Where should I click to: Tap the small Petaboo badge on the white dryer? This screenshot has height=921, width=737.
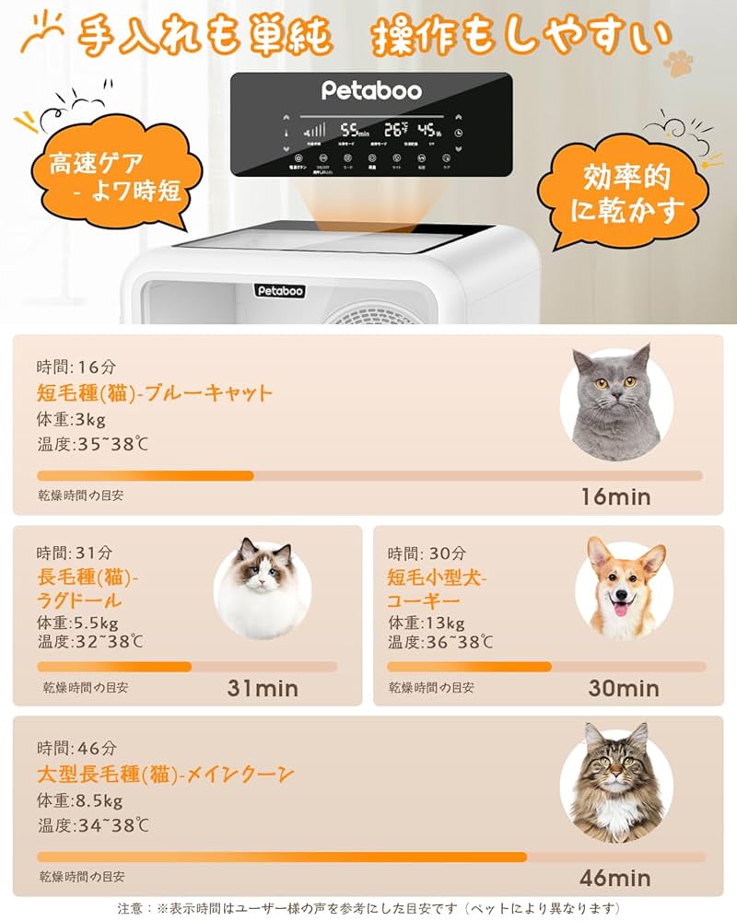tap(280, 291)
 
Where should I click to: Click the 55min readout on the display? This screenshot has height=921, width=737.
tap(354, 131)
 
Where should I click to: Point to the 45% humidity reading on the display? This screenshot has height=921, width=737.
tap(429, 131)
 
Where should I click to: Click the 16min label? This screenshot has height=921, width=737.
tap(615, 497)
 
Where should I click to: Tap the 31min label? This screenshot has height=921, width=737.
tap(263, 688)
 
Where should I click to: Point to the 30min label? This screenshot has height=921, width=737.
tap(624, 688)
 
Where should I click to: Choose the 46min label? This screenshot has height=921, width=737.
tap(615, 877)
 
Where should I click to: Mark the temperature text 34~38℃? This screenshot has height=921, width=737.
tap(93, 824)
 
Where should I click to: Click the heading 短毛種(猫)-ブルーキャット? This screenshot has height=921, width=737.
tap(155, 393)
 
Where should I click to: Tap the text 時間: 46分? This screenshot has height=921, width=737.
tap(77, 748)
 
